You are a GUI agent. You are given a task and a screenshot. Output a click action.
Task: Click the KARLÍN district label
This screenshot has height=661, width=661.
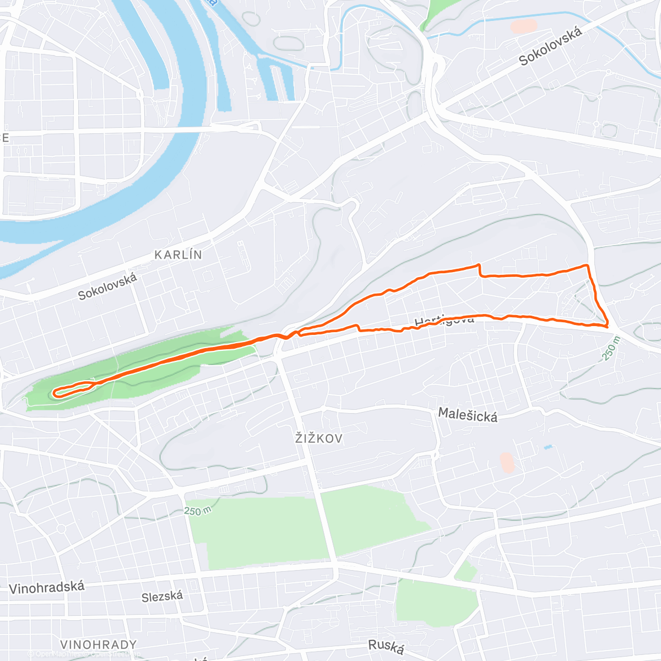pyautogui.click(x=178, y=254)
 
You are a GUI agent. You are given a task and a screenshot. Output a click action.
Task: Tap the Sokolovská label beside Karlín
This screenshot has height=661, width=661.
pyautogui.click(x=107, y=287)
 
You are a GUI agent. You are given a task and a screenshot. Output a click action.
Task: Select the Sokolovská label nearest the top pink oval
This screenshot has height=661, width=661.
pyautogui.click(x=551, y=47)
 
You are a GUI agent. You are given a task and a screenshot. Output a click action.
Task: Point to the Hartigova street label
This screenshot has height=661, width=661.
pyautogui.click(x=444, y=320)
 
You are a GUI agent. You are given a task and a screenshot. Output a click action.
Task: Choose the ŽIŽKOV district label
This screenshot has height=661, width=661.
pyautogui.click(x=319, y=438)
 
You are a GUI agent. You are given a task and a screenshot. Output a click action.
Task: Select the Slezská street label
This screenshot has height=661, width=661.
pyautogui.click(x=162, y=597)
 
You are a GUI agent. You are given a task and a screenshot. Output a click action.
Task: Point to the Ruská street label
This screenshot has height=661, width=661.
pyautogui.click(x=386, y=646)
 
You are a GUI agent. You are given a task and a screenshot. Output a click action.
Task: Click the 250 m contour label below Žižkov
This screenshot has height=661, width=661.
pyautogui.click(x=198, y=511)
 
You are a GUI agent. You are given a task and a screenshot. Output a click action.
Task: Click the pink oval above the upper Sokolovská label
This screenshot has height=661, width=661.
pyautogui.click(x=523, y=26)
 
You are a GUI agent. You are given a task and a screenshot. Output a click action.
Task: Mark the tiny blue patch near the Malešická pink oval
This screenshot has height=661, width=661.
pyautogui.click(x=547, y=447)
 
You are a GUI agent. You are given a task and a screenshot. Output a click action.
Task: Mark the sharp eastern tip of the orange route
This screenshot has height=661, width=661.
pyautogui.click(x=607, y=326)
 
